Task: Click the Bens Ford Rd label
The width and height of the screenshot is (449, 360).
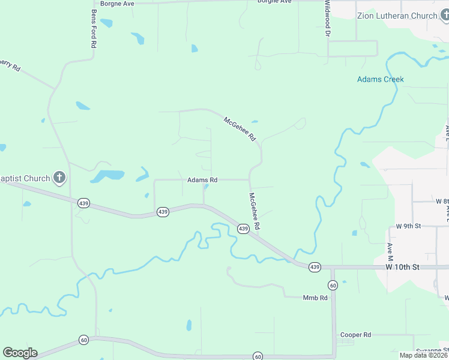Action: pyautogui.click(x=94, y=29)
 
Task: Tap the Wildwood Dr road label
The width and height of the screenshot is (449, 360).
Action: pyautogui.click(x=328, y=18)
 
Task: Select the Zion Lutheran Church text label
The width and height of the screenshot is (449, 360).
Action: pyautogui.click(x=397, y=16)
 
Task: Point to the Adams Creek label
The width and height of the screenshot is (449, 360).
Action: pyautogui.click(x=380, y=79)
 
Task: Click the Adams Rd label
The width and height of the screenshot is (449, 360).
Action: pyautogui.click(x=202, y=179)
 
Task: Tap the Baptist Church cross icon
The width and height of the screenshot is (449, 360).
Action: pyautogui.click(x=59, y=178)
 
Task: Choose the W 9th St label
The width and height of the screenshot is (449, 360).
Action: pyautogui.click(x=409, y=226)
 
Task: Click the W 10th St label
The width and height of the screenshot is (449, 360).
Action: pyautogui.click(x=405, y=266)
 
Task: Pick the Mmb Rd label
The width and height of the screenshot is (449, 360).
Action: pyautogui.click(x=315, y=298)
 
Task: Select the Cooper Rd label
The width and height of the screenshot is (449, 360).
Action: pyautogui.click(x=355, y=335)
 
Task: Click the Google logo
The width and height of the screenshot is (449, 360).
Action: pyautogui.click(x=20, y=353)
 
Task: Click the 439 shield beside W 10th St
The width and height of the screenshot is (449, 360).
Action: pyautogui.click(x=315, y=266)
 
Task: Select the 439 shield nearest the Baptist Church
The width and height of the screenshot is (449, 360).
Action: pyautogui.click(x=83, y=203)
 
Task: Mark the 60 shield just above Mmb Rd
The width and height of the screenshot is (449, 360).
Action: pyautogui.click(x=333, y=284)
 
